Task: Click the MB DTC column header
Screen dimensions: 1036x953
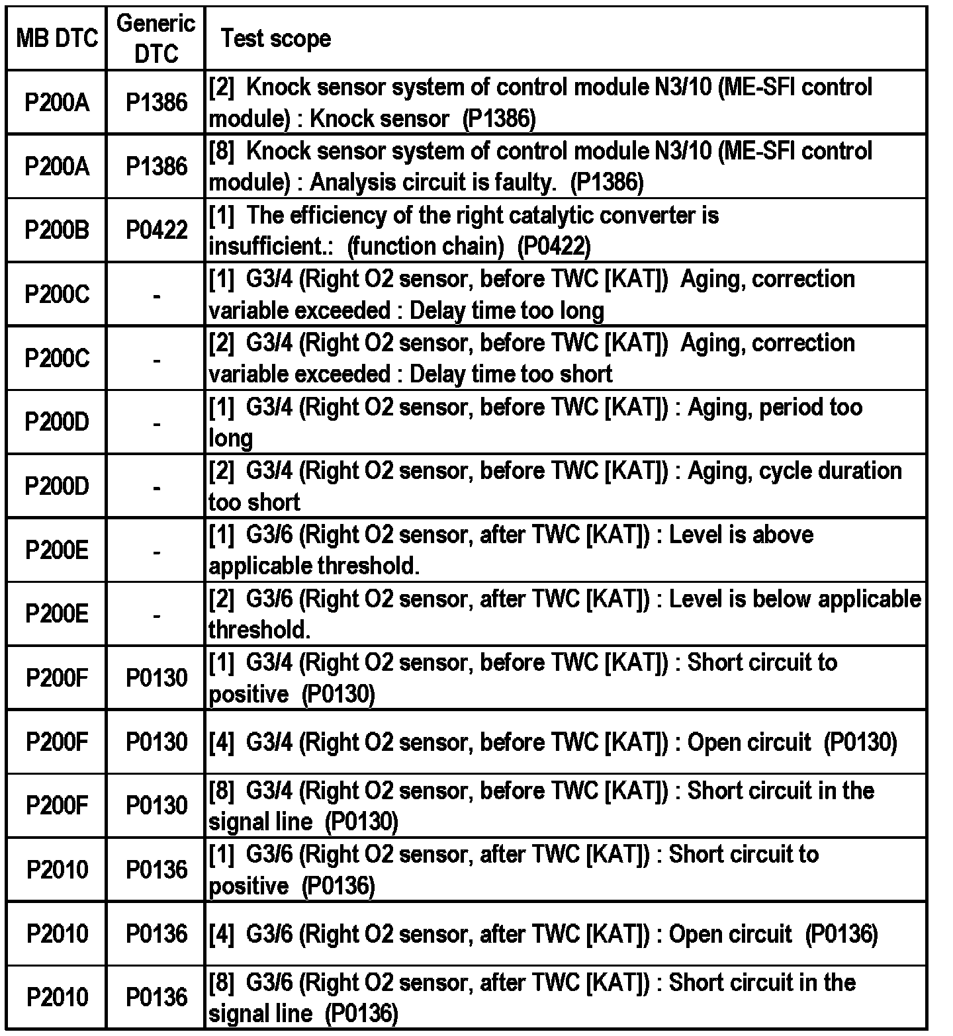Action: click(x=57, y=38)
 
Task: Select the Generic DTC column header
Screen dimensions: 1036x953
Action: click(x=156, y=38)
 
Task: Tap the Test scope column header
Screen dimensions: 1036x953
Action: click(x=276, y=38)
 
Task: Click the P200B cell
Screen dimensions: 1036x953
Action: click(x=57, y=230)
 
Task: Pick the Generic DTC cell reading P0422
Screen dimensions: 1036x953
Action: click(x=156, y=230)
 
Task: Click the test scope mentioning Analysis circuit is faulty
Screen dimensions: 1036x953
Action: click(x=540, y=166)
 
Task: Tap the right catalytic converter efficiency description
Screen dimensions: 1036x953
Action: click(x=463, y=230)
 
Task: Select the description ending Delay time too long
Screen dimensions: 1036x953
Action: click(x=531, y=294)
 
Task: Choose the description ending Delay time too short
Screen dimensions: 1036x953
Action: click(x=531, y=358)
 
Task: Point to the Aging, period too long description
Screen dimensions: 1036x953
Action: click(x=535, y=422)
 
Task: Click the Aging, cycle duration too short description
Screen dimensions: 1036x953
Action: click(x=555, y=486)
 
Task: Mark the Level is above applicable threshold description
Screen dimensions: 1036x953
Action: click(x=510, y=550)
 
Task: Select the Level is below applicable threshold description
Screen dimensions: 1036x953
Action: click(x=564, y=613)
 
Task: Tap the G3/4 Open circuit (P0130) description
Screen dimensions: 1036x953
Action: click(x=553, y=742)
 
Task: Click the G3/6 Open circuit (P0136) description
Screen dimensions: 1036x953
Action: click(x=543, y=933)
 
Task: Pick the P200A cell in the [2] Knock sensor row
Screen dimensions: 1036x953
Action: click(x=57, y=103)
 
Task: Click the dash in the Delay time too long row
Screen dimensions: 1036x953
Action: click(x=156, y=294)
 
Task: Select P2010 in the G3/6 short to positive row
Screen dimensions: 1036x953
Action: click(x=57, y=869)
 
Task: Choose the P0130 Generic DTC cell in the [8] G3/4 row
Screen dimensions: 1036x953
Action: click(x=156, y=806)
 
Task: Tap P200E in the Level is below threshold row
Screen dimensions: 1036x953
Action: click(x=57, y=613)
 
